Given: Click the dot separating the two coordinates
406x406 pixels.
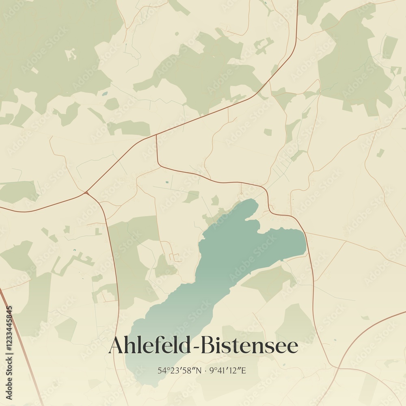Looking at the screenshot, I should pyautogui.click(x=206, y=371).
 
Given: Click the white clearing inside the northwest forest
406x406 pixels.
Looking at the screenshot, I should pyautogui.click(x=71, y=54).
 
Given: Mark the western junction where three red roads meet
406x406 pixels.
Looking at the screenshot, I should pyautogui.click(x=86, y=192).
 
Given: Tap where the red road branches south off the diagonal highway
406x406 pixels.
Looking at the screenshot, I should pyautogui.click(x=156, y=136).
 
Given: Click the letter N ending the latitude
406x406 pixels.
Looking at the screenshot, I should pyautogui.click(x=199, y=370).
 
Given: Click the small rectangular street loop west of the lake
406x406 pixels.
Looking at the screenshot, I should pyautogui.click(x=175, y=257).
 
